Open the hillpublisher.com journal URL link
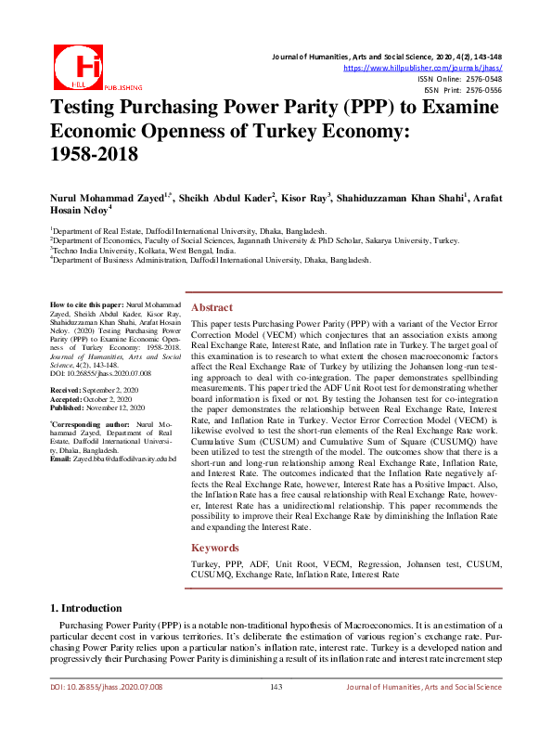[422, 68]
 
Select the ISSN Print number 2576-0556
[482, 90]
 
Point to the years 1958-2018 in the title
[94, 153]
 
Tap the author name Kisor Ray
[303, 199]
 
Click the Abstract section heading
[212, 307]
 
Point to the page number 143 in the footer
[276, 687]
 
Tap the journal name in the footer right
[423, 687]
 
